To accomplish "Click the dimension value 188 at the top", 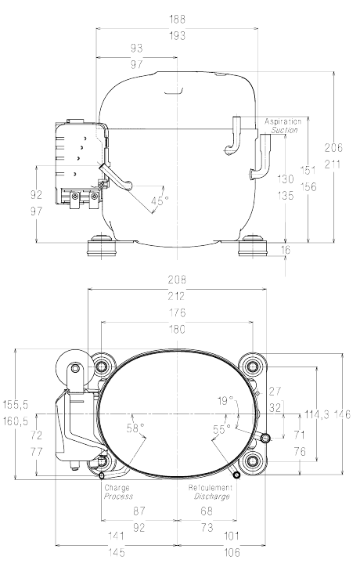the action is [177, 19].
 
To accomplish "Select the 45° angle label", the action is [160, 200].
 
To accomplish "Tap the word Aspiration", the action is [283, 121].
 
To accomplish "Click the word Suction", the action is [284, 130].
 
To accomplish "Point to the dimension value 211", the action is [333, 164].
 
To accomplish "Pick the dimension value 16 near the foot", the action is [286, 250].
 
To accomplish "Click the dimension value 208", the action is [177, 280].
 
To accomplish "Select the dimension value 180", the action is [177, 330].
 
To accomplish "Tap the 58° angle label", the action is [135, 428].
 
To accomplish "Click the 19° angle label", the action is [225, 401].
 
